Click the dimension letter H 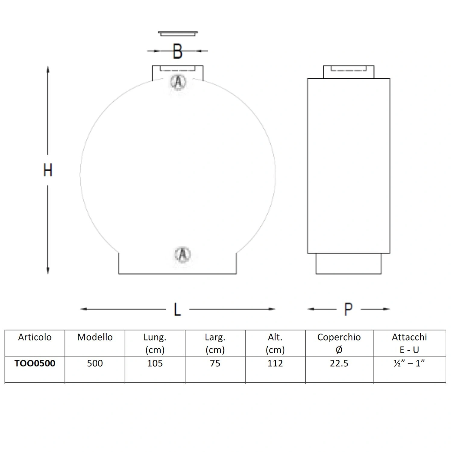tap(48, 170)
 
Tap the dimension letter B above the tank tap(178, 51)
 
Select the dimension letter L tap(177, 309)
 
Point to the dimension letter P tap(348, 309)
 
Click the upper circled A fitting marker tap(178, 82)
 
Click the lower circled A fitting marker tap(183, 255)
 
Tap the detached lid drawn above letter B tap(178, 33)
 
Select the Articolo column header tap(35, 337)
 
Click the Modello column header tap(95, 337)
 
